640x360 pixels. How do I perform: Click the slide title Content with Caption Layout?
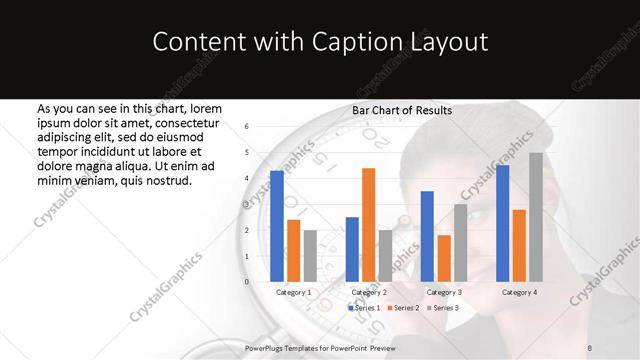[x=320, y=43]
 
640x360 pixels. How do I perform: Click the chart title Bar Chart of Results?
[x=402, y=110]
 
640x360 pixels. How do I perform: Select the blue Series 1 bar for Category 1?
[x=277, y=226]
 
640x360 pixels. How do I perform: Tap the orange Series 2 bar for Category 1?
[x=293, y=250]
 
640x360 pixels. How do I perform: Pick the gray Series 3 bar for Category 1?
[x=309, y=255]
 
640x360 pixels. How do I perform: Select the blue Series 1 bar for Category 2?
[x=352, y=249]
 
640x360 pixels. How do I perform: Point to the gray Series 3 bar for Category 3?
[x=459, y=242]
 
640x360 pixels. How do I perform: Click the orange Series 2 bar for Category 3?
[x=443, y=258]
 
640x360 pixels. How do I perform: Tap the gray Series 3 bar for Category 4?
[x=535, y=217]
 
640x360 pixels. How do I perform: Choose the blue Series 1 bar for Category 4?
[x=503, y=223]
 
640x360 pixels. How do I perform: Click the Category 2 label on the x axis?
[x=369, y=292]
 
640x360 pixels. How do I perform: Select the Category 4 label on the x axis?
[x=519, y=292]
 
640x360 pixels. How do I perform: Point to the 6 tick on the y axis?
[x=246, y=127]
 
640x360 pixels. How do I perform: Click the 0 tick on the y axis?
[x=246, y=281]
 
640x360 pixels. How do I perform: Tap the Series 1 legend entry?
[x=364, y=308]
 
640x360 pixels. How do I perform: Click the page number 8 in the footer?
[x=590, y=347]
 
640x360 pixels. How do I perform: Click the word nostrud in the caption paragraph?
[x=167, y=180]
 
